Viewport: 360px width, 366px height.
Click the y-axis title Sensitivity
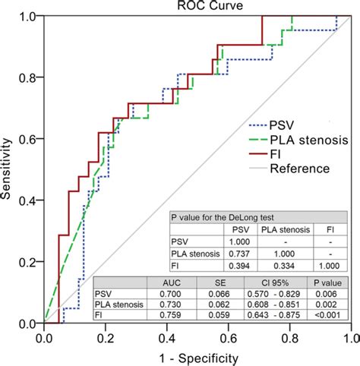tap(8, 168)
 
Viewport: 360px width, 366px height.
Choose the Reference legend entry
tap(300, 169)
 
